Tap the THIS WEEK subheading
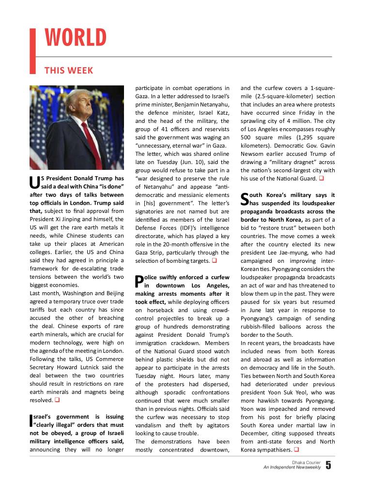tap(68, 71)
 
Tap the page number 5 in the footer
tap(328, 466)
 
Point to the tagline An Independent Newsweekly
tap(292, 467)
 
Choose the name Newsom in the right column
tap(254, 153)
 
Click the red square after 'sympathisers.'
tap(295, 450)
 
